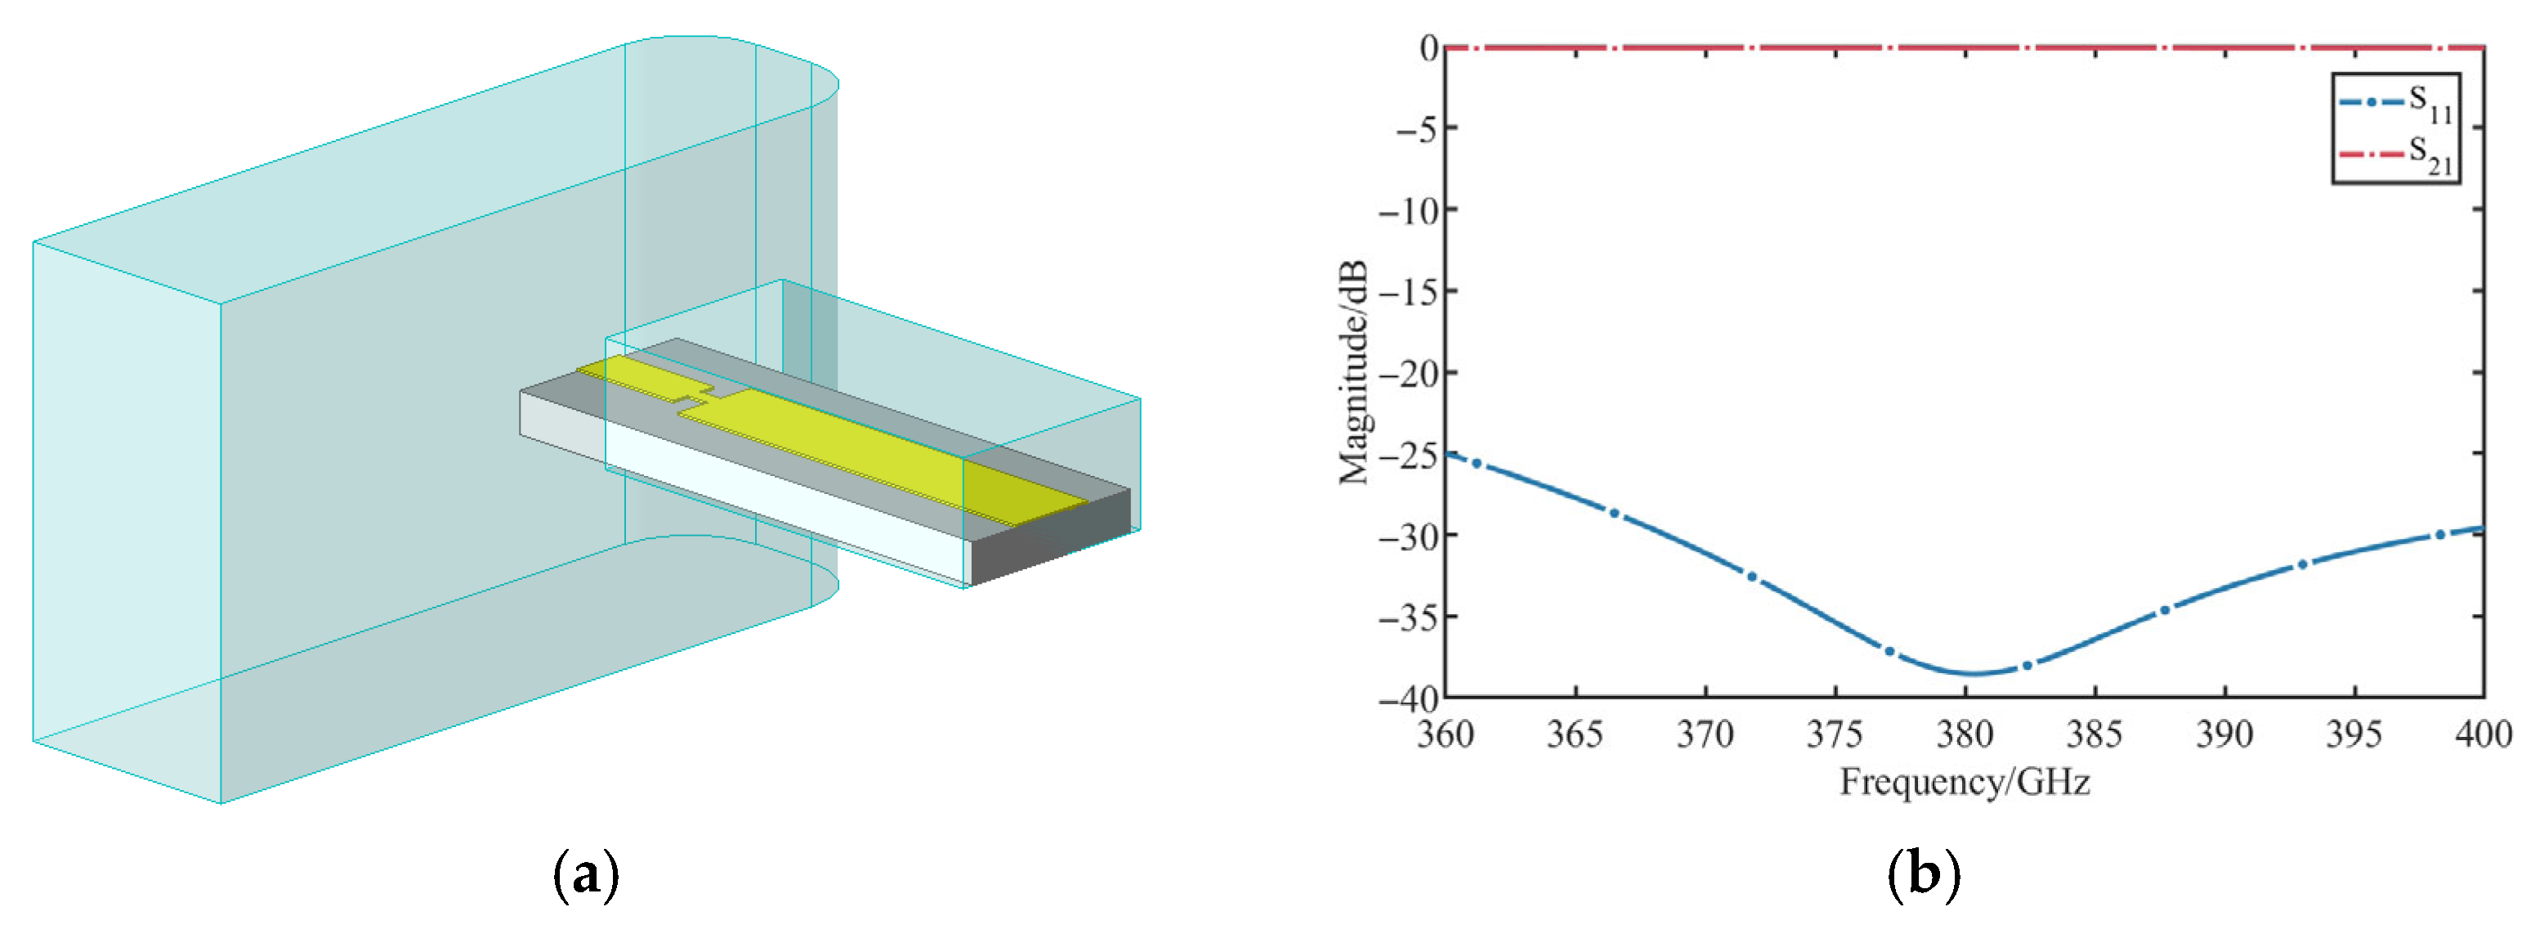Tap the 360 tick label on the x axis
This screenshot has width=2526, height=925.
tap(1446, 734)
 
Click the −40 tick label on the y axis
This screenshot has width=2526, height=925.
tap(1408, 699)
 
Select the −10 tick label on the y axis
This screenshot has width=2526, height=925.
tap(1408, 210)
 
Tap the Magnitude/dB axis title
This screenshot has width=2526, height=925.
tap(1354, 373)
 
